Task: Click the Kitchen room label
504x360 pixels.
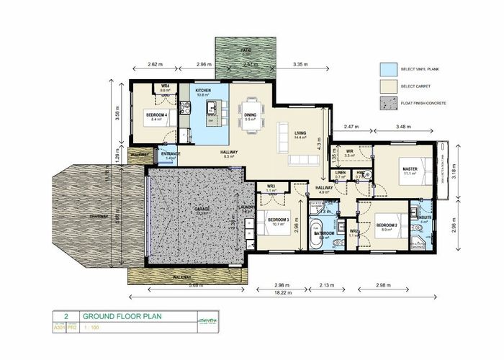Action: pos(203,90)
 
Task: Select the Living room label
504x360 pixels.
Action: pos(301,132)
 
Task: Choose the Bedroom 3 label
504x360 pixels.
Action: pos(277,220)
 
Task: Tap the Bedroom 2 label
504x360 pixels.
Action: pos(387,225)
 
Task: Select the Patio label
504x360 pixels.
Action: pos(246,51)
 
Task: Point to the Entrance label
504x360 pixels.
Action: pos(171,153)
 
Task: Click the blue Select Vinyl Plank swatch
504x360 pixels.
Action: pos(388,69)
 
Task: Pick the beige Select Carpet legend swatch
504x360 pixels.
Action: pos(388,86)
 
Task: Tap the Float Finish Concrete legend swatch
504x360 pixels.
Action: pos(388,104)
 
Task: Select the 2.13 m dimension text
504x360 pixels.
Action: pos(326,284)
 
